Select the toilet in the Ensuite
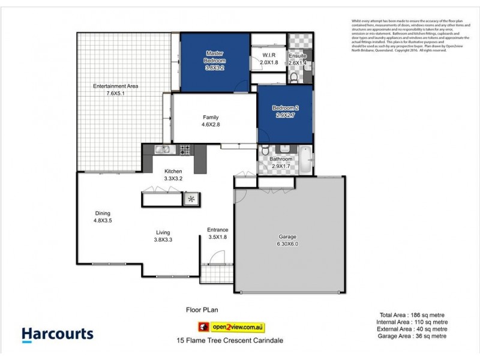pyautogui.click(x=293, y=77)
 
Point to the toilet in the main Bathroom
pyautogui.click(x=286, y=150)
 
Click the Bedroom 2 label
pyautogui.click(x=285, y=108)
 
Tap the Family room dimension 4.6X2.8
pyautogui.click(x=211, y=125)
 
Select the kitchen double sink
pyautogui.click(x=163, y=149)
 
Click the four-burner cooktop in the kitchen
pyautogui.click(x=184, y=149)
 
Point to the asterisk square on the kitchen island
pyautogui.click(x=192, y=199)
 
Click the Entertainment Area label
pyautogui.click(x=116, y=86)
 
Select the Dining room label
pyautogui.click(x=102, y=213)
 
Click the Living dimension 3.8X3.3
pyautogui.click(x=163, y=240)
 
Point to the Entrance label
pyautogui.click(x=218, y=229)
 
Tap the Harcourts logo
pyautogui.click(x=58, y=334)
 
